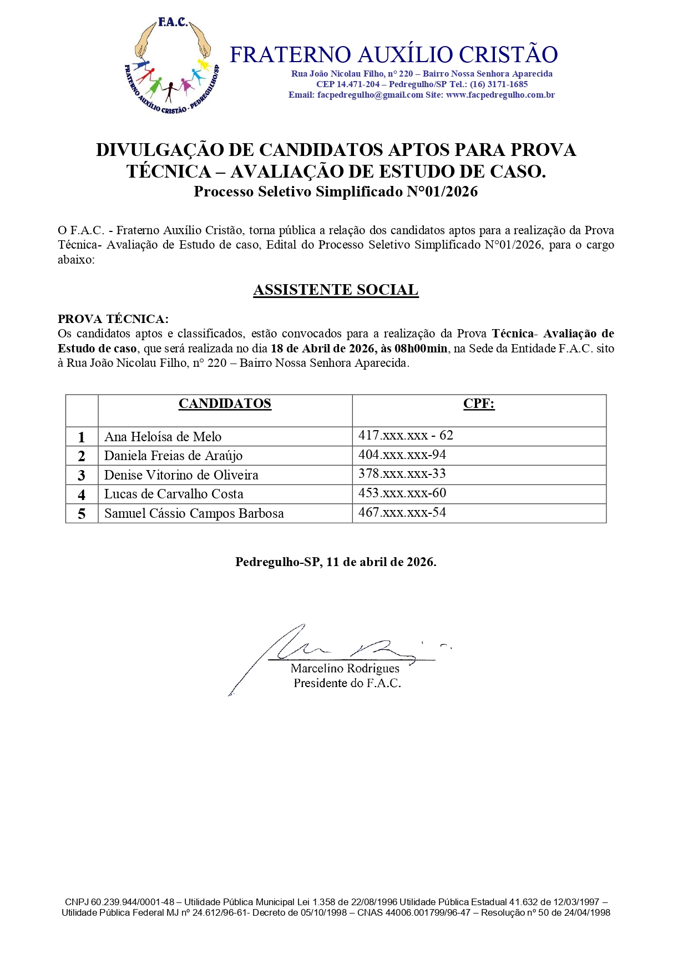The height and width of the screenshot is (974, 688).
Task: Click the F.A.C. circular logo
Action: point(172,66)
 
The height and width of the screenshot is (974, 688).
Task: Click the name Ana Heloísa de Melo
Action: point(163,437)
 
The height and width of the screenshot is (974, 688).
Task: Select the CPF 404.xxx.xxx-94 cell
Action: point(402,455)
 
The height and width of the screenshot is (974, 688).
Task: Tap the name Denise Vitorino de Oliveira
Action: point(181,475)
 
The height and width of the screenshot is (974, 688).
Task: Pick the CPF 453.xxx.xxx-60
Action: point(402,493)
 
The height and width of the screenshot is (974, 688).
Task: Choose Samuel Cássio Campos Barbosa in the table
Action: point(194,513)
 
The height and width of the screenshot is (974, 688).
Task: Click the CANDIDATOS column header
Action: point(225,403)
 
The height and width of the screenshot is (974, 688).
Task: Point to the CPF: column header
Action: point(479,403)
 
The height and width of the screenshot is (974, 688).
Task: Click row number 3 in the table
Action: point(82,476)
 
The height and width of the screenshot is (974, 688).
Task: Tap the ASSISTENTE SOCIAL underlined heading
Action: point(336,290)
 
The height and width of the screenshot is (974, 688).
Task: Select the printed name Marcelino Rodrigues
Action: point(345,669)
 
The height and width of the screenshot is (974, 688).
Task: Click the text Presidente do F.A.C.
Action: point(347,683)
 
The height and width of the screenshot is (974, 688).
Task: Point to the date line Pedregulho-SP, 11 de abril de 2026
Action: point(336,562)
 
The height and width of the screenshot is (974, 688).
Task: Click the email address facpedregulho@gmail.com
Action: point(370,95)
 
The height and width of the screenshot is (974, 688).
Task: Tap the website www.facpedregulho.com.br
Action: point(500,95)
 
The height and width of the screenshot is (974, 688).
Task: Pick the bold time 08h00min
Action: point(421,349)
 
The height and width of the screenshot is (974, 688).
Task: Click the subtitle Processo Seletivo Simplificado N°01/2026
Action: point(336,192)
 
